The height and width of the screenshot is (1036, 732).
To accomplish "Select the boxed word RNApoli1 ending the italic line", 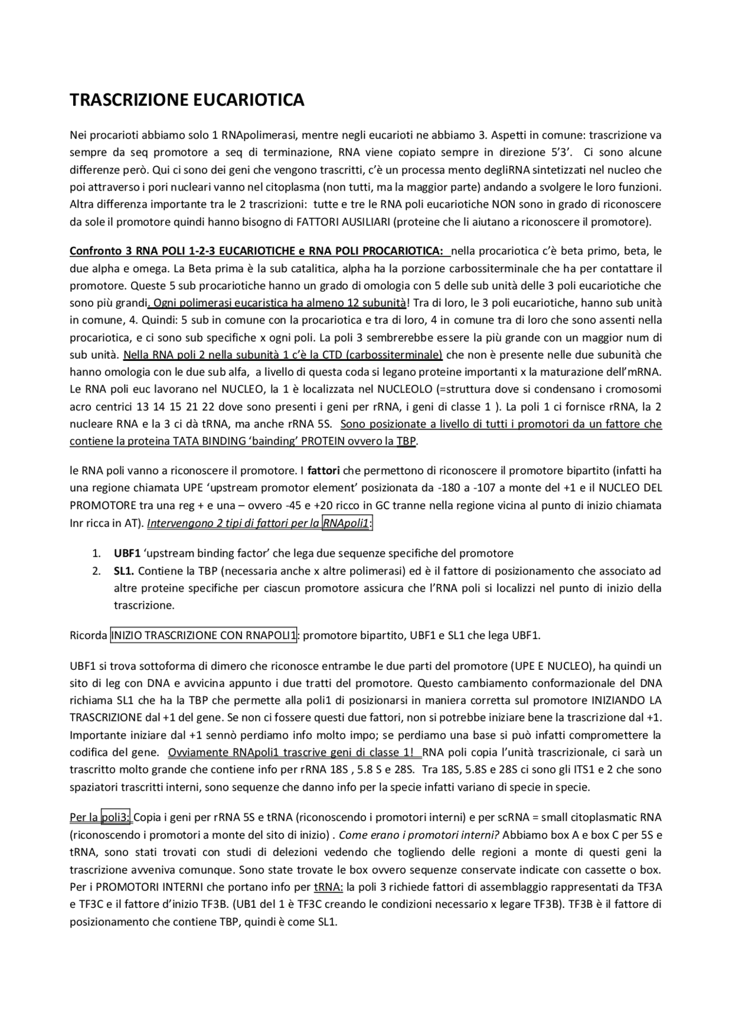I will pos(347,523).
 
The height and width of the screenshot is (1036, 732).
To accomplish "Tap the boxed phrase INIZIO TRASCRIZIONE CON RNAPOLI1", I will pos(203,635).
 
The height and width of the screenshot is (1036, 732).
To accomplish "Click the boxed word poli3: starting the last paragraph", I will pos(116,817).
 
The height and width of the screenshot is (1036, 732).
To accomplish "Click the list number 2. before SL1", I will pos(97,571).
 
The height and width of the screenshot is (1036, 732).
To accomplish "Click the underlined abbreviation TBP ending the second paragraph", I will pos(406,442).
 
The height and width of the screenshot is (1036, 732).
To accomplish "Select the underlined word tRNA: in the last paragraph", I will pos(328,887).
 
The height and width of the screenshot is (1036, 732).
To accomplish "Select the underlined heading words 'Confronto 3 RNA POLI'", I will pos(126,251).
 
